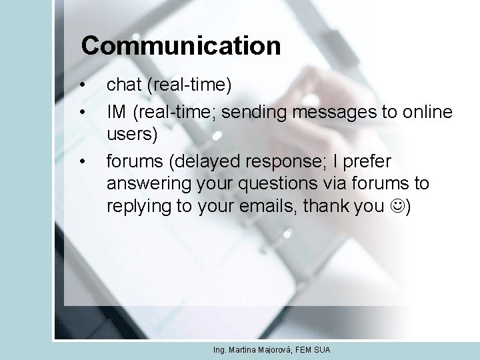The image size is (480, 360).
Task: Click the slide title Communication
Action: [x=181, y=46]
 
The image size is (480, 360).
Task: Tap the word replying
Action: [x=139, y=205]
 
